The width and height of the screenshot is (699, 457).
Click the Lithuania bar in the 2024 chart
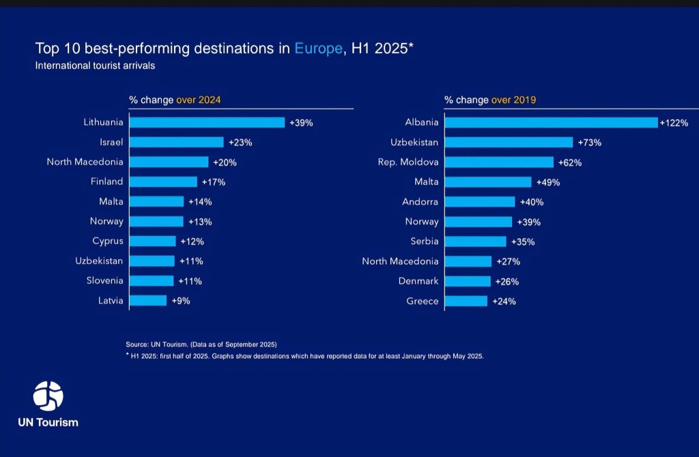coord(207,123)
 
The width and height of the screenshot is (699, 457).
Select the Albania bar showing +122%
coord(551,123)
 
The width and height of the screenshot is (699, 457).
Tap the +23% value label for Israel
coord(240,143)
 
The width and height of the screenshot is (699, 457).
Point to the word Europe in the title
coord(317,49)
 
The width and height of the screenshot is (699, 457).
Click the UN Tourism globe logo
coord(48,396)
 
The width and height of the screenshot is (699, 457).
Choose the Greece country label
coord(423,301)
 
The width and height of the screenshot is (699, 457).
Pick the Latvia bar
coord(148,300)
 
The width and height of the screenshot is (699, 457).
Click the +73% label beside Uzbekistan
coord(590,143)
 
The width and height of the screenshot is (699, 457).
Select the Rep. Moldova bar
coord(499,162)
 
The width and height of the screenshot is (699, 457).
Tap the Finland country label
coord(107,181)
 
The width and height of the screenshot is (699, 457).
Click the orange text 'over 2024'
coord(199,100)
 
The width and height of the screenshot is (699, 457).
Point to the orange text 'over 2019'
coord(514,100)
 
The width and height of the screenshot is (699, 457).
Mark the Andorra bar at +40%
coord(480,202)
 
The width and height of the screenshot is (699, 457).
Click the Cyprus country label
coord(108,241)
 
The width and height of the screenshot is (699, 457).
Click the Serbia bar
coord(476,241)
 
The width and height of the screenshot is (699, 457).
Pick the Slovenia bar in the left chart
coord(152,280)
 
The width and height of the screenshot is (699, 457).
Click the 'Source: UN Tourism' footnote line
coord(201,344)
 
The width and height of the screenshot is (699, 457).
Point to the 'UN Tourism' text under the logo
coord(48,422)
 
